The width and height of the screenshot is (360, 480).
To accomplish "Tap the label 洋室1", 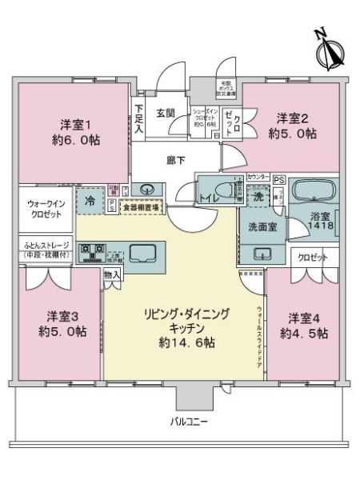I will click(72, 125).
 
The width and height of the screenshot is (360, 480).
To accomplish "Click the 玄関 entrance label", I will click(166, 113).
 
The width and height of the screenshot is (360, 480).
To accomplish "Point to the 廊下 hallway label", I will click(176, 162).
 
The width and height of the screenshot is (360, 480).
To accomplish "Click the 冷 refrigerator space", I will click(90, 202).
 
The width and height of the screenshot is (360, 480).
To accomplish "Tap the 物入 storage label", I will click(113, 275).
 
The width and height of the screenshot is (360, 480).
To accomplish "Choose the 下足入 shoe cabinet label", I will click(139, 117).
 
